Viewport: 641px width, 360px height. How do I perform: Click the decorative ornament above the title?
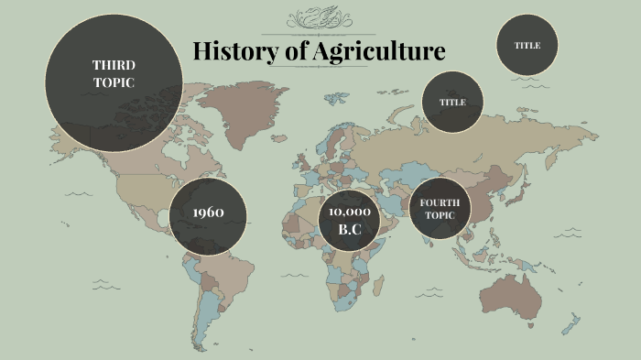click(319, 18)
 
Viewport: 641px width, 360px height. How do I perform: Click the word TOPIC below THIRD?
click(114, 82)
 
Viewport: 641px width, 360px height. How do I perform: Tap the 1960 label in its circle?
click(208, 213)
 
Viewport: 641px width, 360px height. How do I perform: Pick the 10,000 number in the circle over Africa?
click(350, 211)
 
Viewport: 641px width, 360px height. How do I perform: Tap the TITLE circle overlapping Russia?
click(452, 102)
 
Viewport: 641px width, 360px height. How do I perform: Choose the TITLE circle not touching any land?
click(527, 45)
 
